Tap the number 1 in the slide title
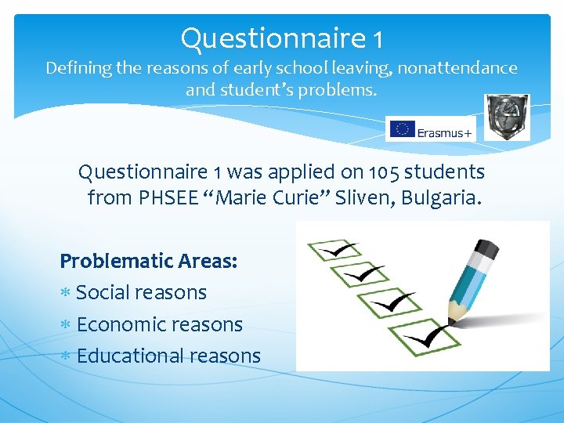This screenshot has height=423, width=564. click(x=378, y=38)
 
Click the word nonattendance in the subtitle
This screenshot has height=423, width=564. click(x=457, y=68)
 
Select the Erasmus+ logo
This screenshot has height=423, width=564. click(x=431, y=130)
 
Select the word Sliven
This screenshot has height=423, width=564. click(x=364, y=198)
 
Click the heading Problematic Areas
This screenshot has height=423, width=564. click(x=149, y=261)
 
